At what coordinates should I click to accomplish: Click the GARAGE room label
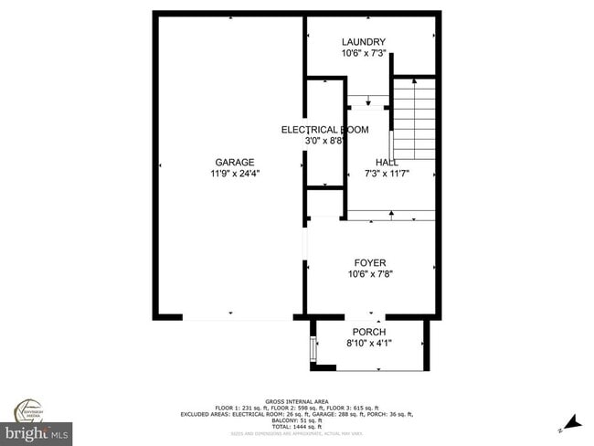click(235, 162)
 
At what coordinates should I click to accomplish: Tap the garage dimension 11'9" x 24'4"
click(235, 174)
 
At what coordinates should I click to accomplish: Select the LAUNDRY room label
click(363, 42)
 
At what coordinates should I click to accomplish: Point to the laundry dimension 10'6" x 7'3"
click(363, 54)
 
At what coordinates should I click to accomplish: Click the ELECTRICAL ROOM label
click(324, 130)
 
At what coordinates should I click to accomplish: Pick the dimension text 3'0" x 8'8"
click(324, 142)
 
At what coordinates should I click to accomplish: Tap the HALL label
click(374, 162)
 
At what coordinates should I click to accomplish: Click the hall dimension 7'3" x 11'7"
click(374, 174)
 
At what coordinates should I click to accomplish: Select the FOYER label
click(370, 261)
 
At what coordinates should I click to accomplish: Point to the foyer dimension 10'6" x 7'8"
click(370, 273)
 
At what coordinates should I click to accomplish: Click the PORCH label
click(369, 332)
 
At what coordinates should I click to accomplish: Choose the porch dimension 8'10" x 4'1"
click(369, 344)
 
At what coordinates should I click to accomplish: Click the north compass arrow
click(571, 421)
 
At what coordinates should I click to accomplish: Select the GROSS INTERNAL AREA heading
click(298, 401)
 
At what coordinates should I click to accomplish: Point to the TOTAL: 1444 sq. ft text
click(298, 427)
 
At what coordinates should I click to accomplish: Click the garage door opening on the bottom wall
click(237, 317)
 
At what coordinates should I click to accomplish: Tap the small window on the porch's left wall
click(314, 350)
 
